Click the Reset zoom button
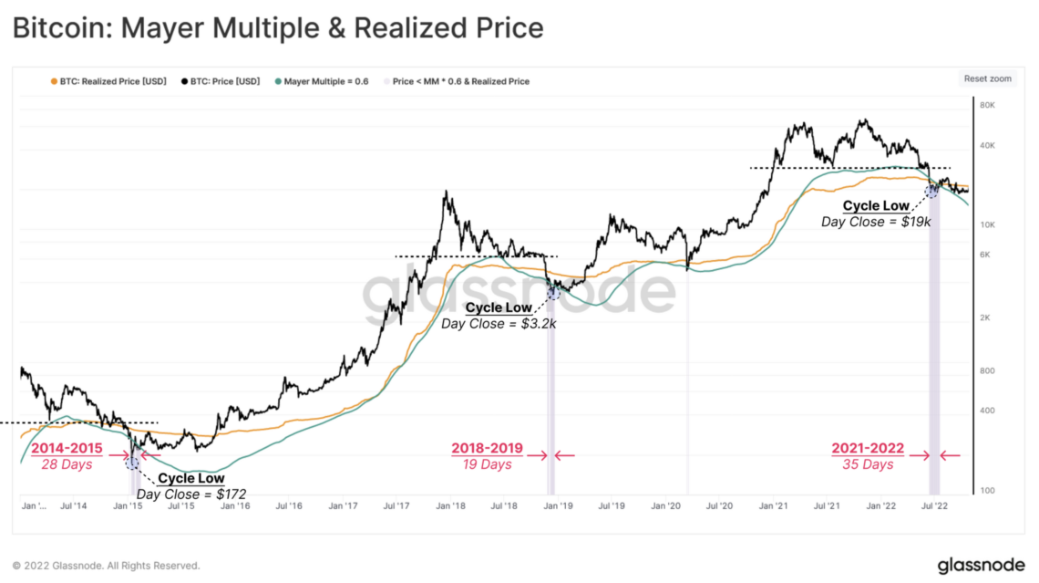(988, 78)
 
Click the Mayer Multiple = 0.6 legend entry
(325, 81)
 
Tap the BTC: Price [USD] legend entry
(224, 81)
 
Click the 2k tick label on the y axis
(985, 318)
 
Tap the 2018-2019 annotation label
(487, 449)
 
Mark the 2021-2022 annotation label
(868, 449)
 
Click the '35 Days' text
(868, 464)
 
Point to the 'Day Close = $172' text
(191, 494)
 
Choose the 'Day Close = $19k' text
(876, 221)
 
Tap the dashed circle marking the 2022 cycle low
(931, 191)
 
